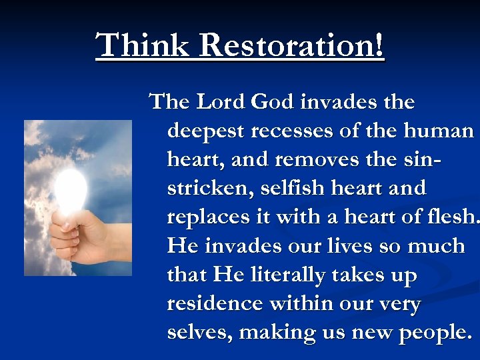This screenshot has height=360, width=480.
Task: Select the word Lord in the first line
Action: [221, 102]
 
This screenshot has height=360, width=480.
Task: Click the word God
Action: [275, 102]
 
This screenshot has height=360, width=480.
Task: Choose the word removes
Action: [308, 159]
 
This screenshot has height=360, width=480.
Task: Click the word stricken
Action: [207, 188]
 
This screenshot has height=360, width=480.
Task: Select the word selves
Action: [197, 332]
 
